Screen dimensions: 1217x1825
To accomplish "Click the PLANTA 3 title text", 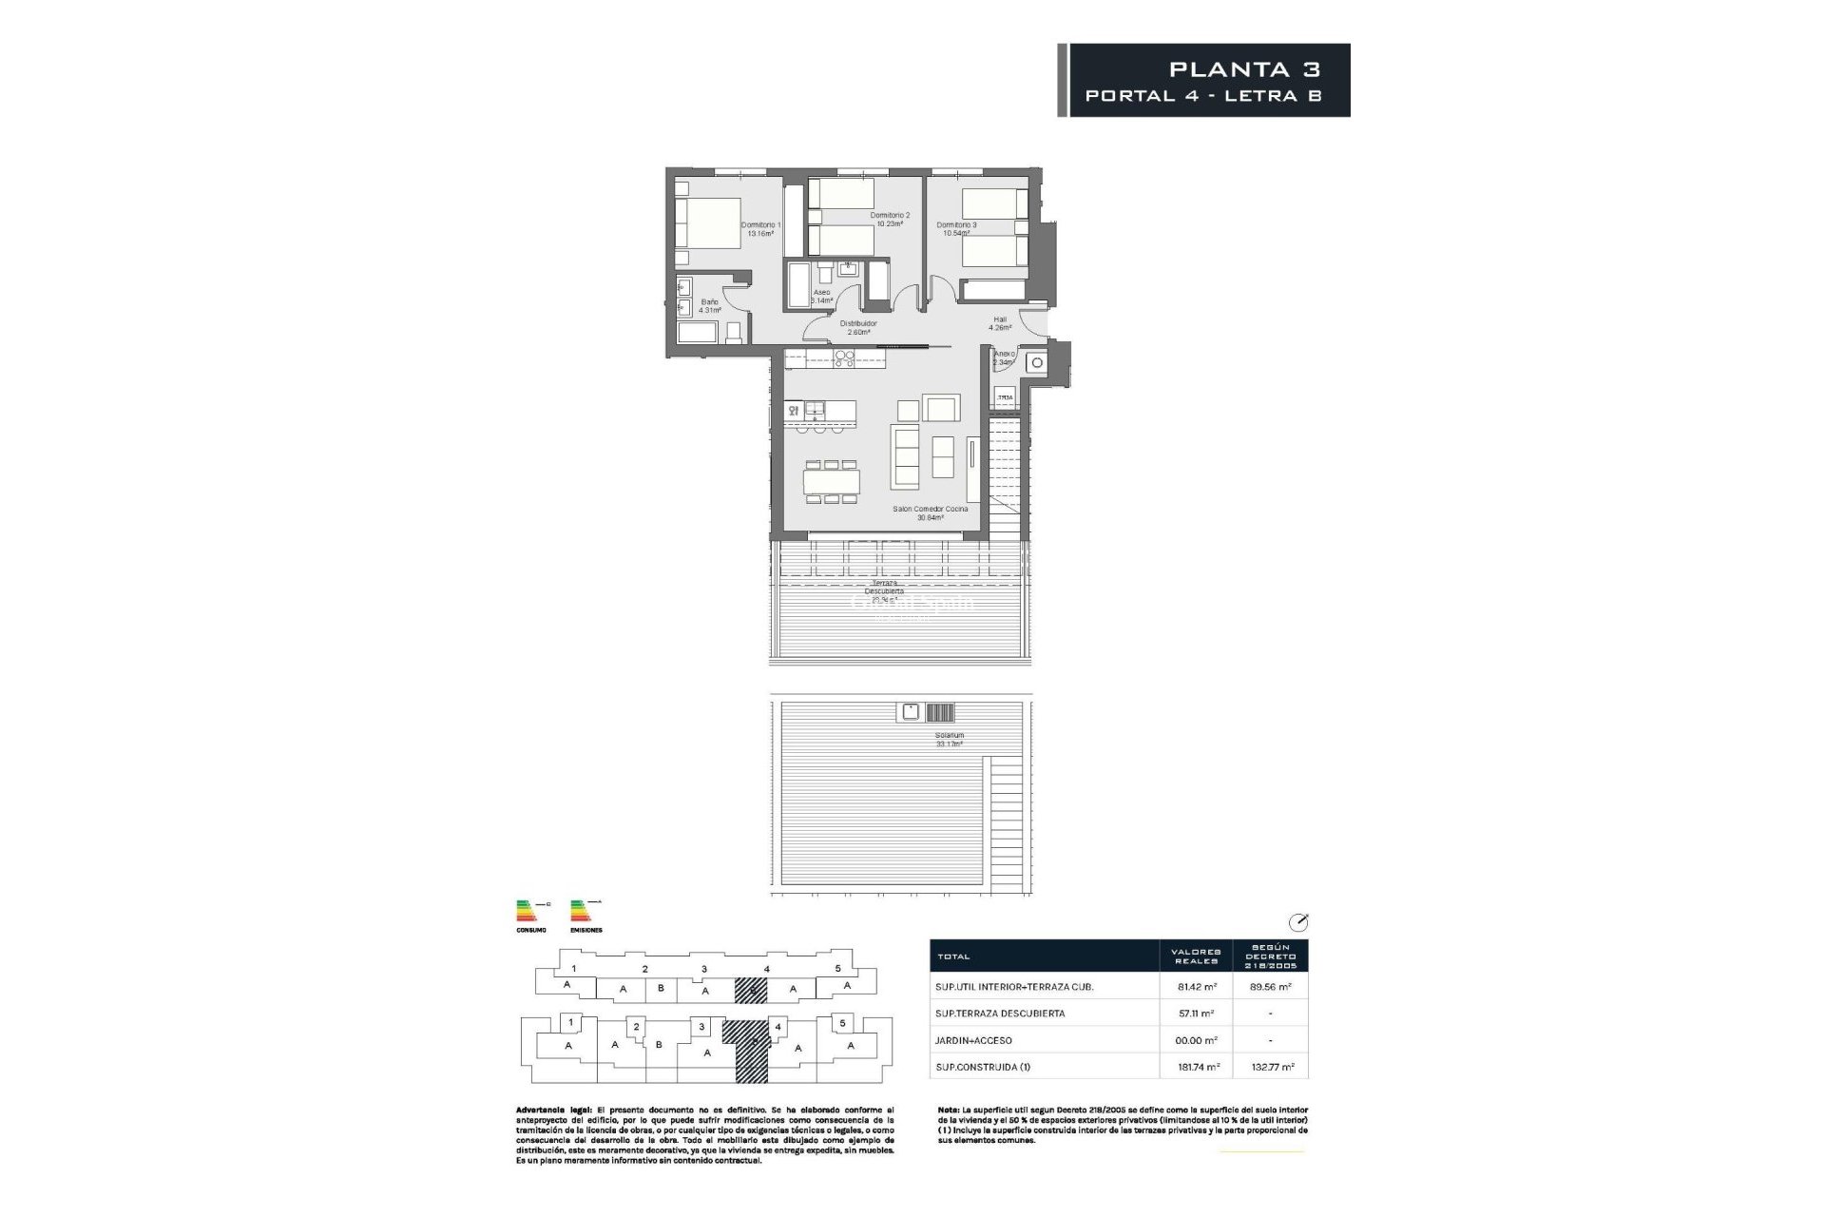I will click(x=1244, y=69).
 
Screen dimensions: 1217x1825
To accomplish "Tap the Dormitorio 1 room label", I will click(x=760, y=229).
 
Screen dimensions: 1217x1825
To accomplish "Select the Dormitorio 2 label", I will click(x=890, y=220).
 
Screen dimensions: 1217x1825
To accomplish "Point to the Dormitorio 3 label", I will click(x=956, y=229).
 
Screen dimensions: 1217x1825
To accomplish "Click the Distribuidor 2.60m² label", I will click(x=858, y=328).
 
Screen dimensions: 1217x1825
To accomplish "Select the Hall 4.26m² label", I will click(x=999, y=323).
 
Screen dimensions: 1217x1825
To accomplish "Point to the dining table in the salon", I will click(x=833, y=481).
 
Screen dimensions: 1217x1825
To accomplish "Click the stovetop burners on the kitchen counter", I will click(x=178, y=357).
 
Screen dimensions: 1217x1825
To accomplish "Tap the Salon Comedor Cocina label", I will click(x=930, y=513).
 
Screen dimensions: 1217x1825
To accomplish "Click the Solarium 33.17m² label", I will click(x=949, y=740).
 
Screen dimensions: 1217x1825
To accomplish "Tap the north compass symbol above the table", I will click(x=1298, y=921).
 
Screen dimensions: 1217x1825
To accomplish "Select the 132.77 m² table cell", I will click(x=1270, y=1067).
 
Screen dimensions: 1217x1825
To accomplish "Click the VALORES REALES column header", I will click(x=1195, y=956).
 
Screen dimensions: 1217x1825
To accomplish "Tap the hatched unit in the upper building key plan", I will click(x=750, y=991).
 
